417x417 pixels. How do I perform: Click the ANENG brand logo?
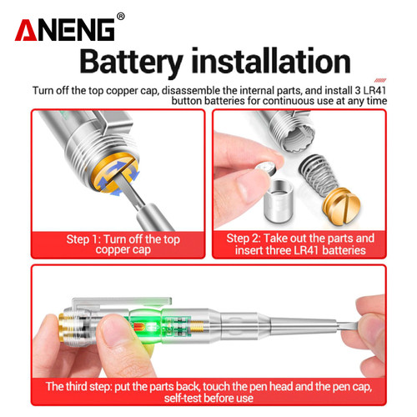[x=64, y=30]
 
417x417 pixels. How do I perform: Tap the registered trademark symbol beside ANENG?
[x=120, y=17]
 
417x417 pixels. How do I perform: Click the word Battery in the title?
[x=131, y=62]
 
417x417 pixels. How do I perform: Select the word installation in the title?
[x=271, y=61]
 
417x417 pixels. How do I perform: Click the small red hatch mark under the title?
[x=380, y=80]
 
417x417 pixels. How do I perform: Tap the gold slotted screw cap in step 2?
[x=341, y=206]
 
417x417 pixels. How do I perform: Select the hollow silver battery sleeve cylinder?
[x=278, y=201]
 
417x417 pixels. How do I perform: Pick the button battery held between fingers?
[x=265, y=169]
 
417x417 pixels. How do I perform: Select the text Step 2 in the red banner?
[x=243, y=239]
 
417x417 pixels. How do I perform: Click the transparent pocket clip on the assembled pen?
[x=122, y=302]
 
